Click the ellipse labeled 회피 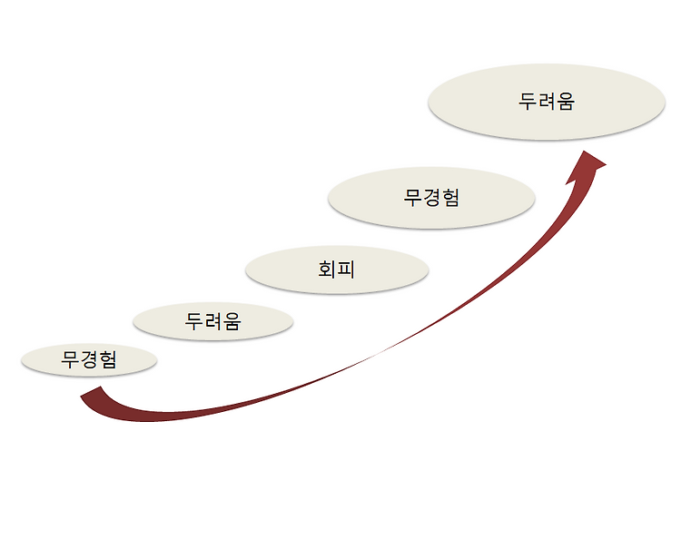click(337, 269)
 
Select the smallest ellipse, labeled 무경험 click(89, 360)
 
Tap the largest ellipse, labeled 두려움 click(547, 102)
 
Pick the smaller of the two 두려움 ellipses click(212, 320)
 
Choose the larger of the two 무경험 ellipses click(431, 197)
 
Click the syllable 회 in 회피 click(328, 269)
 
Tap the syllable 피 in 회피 click(347, 269)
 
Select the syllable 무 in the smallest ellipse click(72, 360)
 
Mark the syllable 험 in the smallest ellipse click(107, 360)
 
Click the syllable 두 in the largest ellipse click(528, 102)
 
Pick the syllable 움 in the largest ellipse click(566, 102)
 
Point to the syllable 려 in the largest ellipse click(547, 102)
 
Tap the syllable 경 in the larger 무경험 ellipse click(431, 197)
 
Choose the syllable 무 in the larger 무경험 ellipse click(413, 197)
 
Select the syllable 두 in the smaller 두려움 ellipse click(194, 320)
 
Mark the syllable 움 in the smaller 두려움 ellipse click(232, 320)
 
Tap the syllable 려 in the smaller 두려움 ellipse click(212, 320)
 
